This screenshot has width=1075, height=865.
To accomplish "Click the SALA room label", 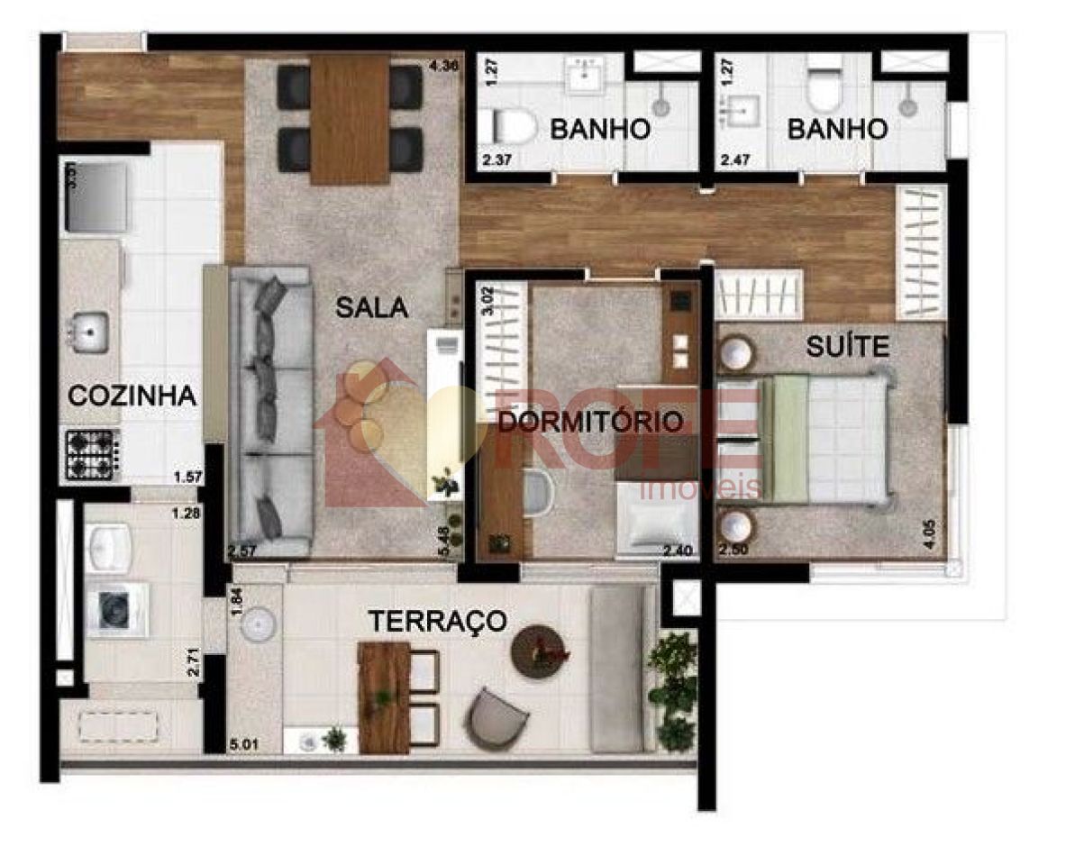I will (x=371, y=307).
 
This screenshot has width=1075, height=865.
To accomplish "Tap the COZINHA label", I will (x=132, y=396).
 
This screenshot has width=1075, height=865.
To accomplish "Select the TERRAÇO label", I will (x=436, y=621).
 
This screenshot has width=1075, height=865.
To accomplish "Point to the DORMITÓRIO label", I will (x=590, y=422).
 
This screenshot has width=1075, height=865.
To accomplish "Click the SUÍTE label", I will (x=847, y=346).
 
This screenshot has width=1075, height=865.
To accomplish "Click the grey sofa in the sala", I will (x=269, y=410).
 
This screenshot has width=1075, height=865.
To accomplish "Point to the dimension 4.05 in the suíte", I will (x=932, y=529).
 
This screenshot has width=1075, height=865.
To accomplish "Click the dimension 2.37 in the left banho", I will (x=497, y=162).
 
